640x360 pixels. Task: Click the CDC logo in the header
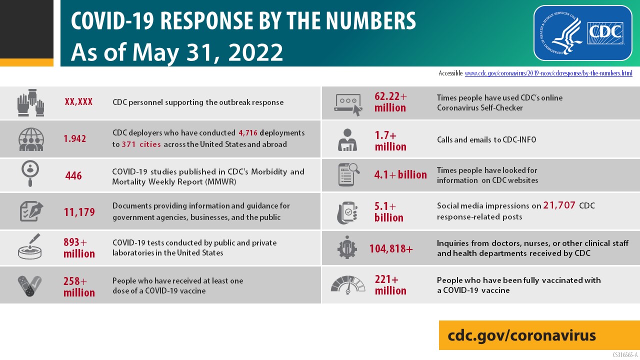(606, 32)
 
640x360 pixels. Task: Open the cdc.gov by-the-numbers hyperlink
(548, 73)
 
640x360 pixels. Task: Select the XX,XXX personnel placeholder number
(78, 102)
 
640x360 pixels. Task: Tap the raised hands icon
(30, 102)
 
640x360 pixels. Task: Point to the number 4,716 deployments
(248, 133)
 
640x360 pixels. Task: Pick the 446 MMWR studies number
(73, 176)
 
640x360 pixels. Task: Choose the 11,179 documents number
(79, 212)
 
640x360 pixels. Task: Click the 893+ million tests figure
(79, 248)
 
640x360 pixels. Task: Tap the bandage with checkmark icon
(29, 285)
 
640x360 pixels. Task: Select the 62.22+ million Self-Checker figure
(390, 102)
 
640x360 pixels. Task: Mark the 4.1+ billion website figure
(400, 175)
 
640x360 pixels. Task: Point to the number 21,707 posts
(559, 205)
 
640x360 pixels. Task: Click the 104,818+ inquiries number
(391, 248)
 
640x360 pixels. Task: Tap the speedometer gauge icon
(348, 284)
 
